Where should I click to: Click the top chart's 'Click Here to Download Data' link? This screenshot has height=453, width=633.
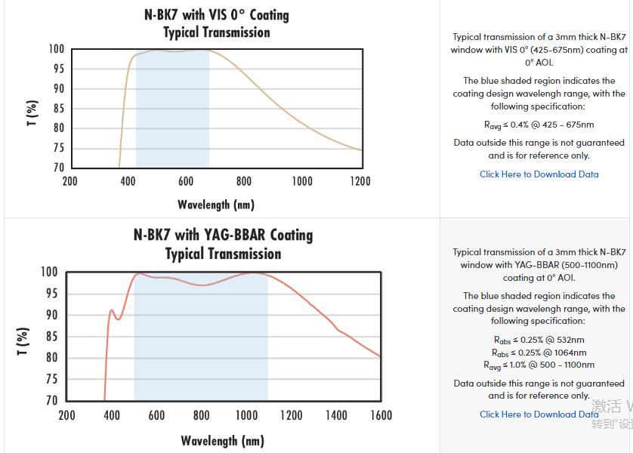coord(539,174)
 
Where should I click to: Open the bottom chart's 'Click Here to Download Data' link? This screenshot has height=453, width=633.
coord(539,414)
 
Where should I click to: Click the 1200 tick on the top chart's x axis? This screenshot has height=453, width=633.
coord(360,181)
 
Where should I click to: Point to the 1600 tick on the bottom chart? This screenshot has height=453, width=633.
coord(381,415)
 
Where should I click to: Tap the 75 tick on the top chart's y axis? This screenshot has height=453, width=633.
coord(57,148)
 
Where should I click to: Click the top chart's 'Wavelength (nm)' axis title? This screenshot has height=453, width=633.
coord(216,205)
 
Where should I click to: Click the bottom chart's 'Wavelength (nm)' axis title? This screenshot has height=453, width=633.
coord(222,441)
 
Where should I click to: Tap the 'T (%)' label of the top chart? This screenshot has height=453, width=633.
coord(32,112)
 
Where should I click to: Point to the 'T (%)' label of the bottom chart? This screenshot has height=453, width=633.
coord(23,341)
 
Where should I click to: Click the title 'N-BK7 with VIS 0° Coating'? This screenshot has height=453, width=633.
coord(216,15)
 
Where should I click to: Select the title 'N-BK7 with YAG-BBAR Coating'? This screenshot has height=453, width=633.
coord(223,235)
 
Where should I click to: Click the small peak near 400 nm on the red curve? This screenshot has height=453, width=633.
coord(112,310)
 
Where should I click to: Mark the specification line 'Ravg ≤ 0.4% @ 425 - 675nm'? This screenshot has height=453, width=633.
coord(539,125)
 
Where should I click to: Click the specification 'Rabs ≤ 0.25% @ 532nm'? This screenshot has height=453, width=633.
coord(539,340)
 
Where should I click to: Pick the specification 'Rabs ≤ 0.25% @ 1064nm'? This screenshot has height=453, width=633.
coord(539,353)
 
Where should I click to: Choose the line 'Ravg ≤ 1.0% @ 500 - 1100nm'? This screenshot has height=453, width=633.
coord(539,365)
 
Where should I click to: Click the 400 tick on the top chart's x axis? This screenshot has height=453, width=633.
coord(128,181)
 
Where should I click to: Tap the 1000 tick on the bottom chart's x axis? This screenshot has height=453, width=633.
coord(246,415)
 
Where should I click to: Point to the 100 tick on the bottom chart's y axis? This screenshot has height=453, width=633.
coord(48,272)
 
